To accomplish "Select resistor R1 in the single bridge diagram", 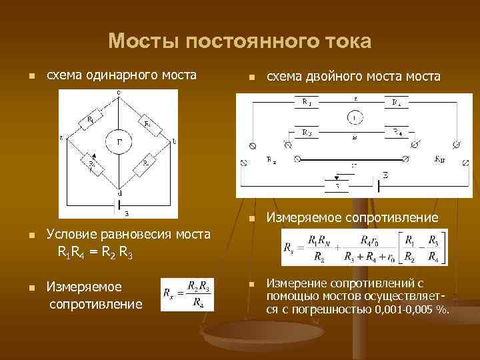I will click(x=91, y=119).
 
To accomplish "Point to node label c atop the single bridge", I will click(x=119, y=93).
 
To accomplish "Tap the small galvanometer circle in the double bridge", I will click(x=355, y=117).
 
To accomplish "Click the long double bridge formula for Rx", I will click(x=365, y=248).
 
